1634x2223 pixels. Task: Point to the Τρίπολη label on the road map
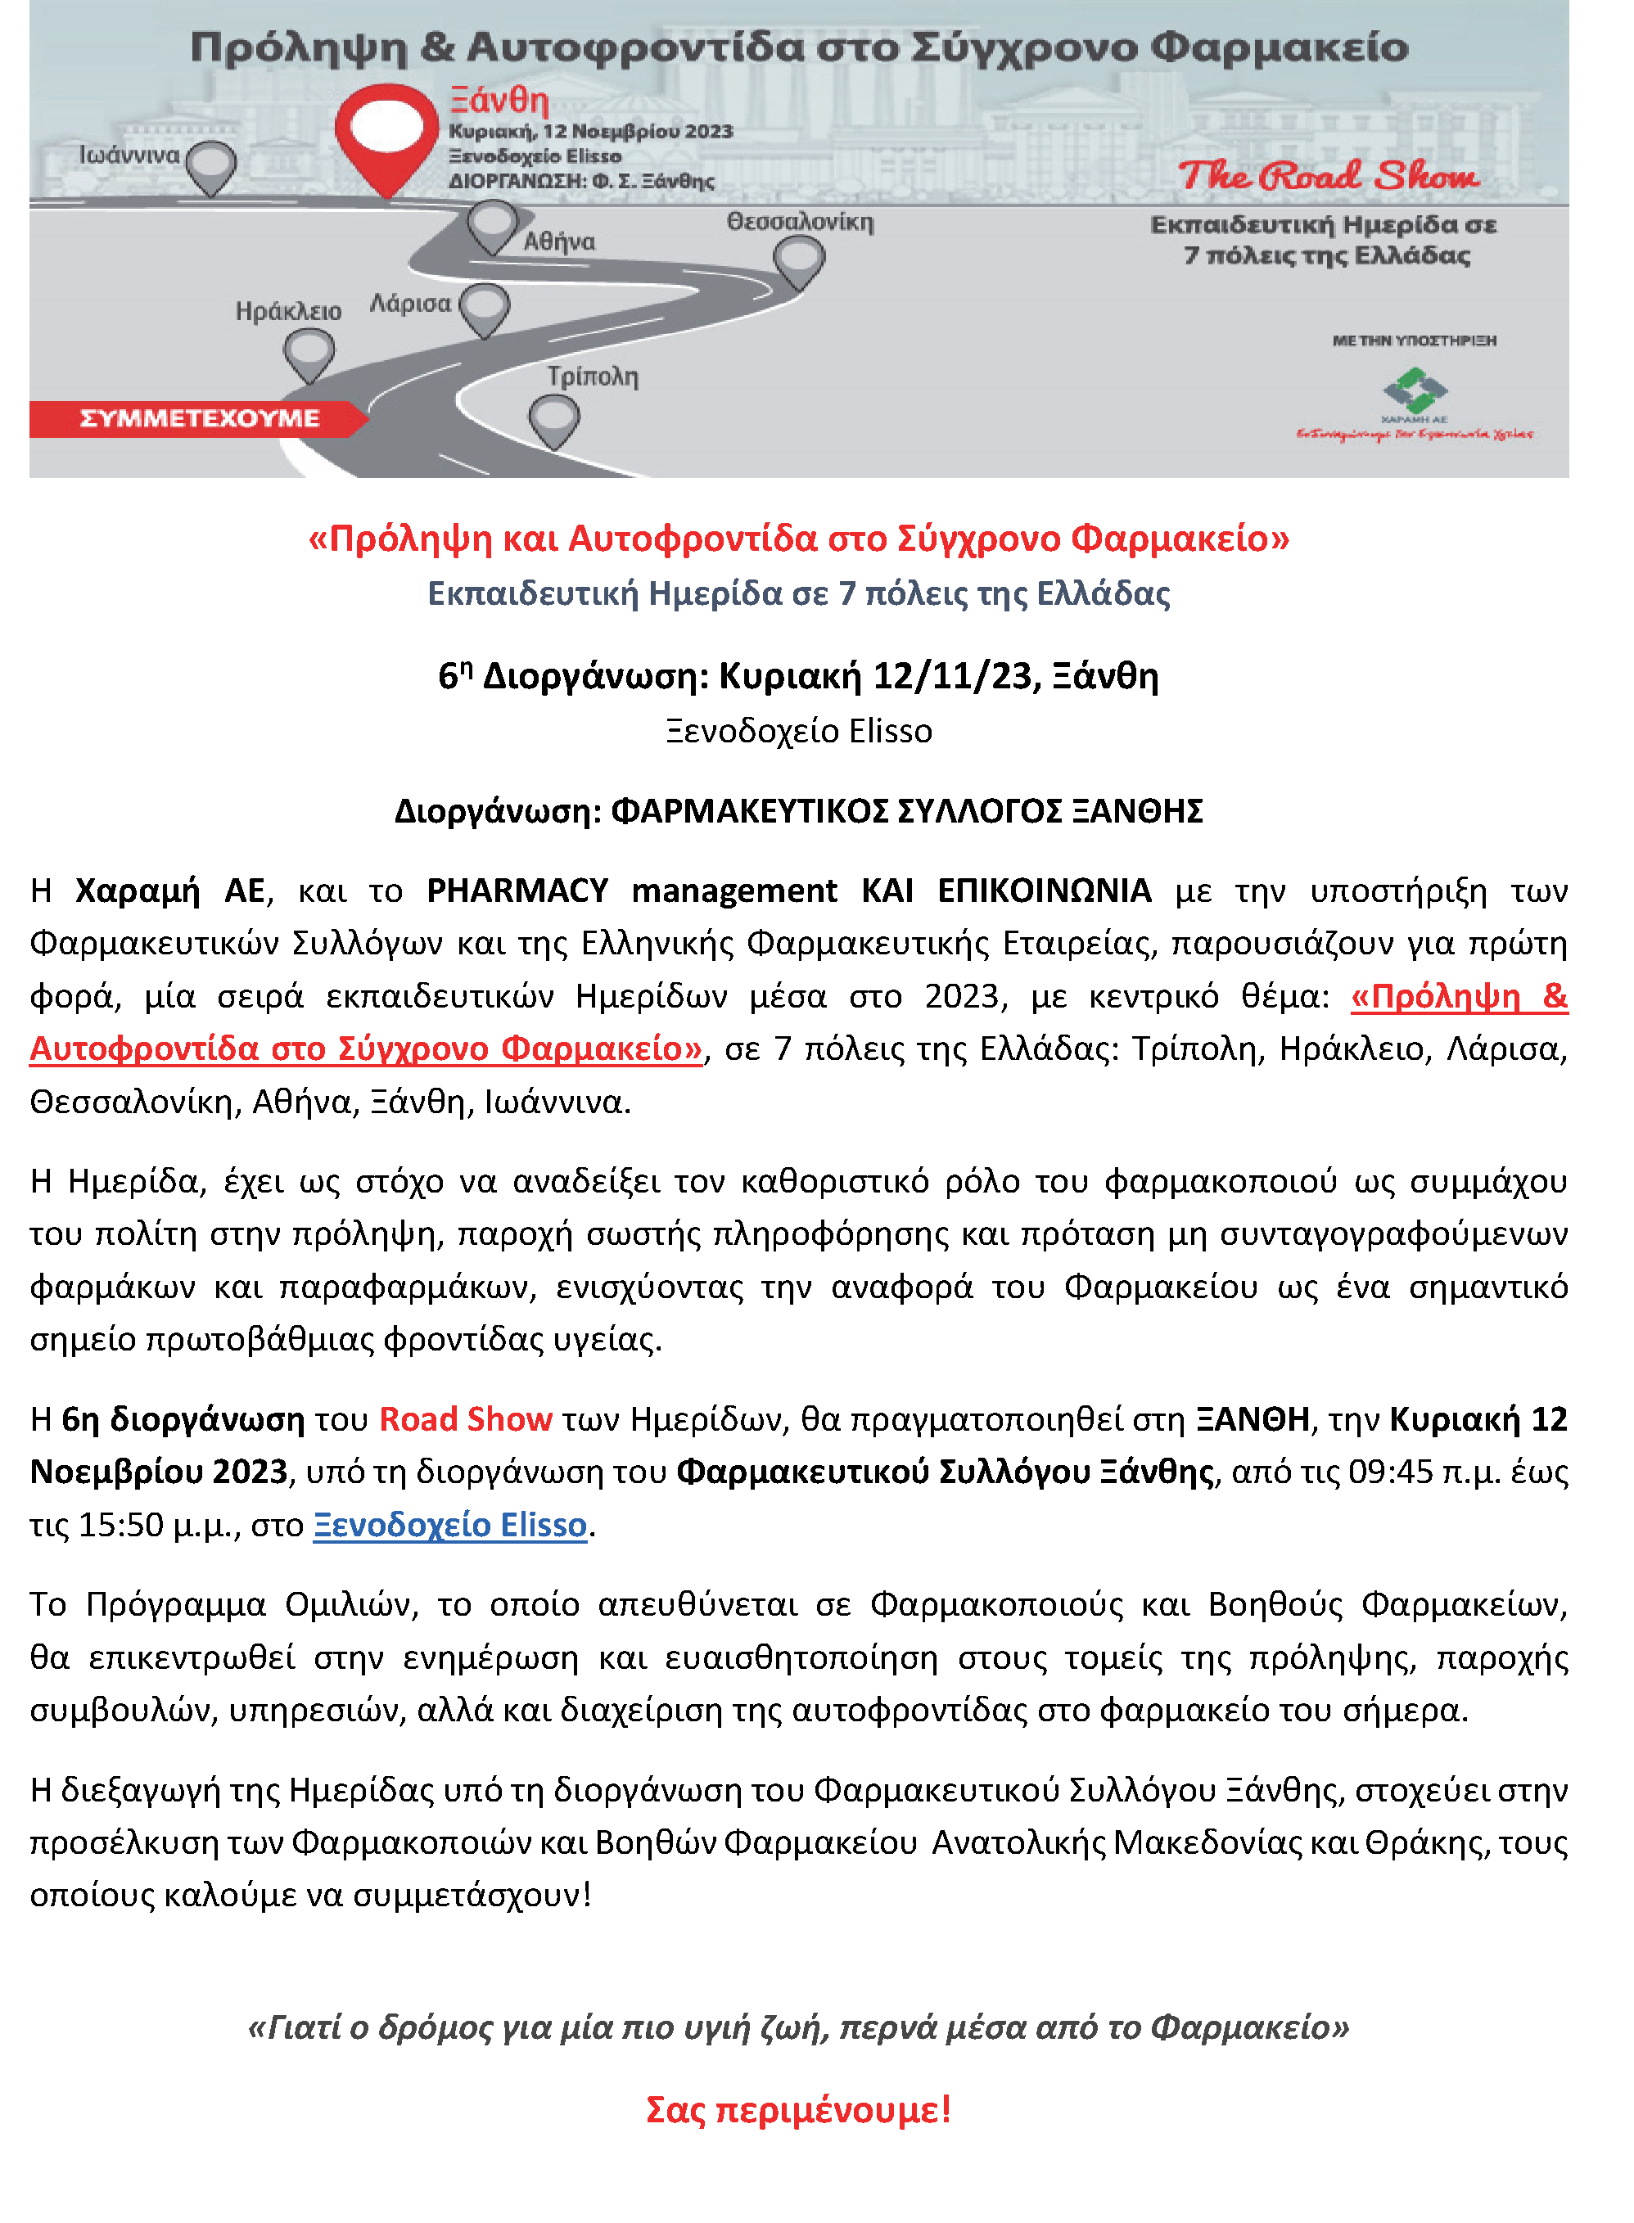pos(593,376)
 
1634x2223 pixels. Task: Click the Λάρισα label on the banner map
pos(410,303)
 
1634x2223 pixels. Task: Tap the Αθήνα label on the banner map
pos(560,241)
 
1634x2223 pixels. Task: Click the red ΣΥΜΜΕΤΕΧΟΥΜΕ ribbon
pos(198,418)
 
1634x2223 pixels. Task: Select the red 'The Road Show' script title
pos(1329,176)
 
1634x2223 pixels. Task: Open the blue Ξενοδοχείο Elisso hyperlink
pos(450,1524)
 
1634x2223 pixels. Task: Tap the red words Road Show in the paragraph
pos(466,1419)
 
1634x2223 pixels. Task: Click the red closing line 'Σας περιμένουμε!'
pos(798,2109)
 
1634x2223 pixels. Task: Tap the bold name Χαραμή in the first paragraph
pos(138,891)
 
